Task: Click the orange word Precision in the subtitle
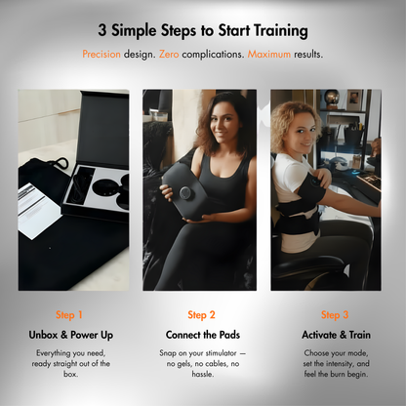click(x=101, y=54)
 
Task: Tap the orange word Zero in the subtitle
click(x=169, y=54)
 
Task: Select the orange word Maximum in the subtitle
click(x=269, y=54)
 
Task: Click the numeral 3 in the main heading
click(x=102, y=30)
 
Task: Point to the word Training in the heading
click(x=280, y=31)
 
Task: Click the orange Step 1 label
click(x=69, y=315)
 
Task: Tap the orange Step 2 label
click(x=201, y=315)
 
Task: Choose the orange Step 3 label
click(x=335, y=315)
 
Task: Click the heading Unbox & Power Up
click(x=71, y=335)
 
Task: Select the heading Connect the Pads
click(x=203, y=335)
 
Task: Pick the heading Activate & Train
click(x=336, y=335)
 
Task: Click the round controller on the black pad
click(x=185, y=193)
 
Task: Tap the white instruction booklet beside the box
click(x=39, y=211)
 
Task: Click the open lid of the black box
click(x=104, y=129)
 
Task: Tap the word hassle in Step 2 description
click(x=203, y=374)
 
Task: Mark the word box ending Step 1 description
click(x=70, y=374)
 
